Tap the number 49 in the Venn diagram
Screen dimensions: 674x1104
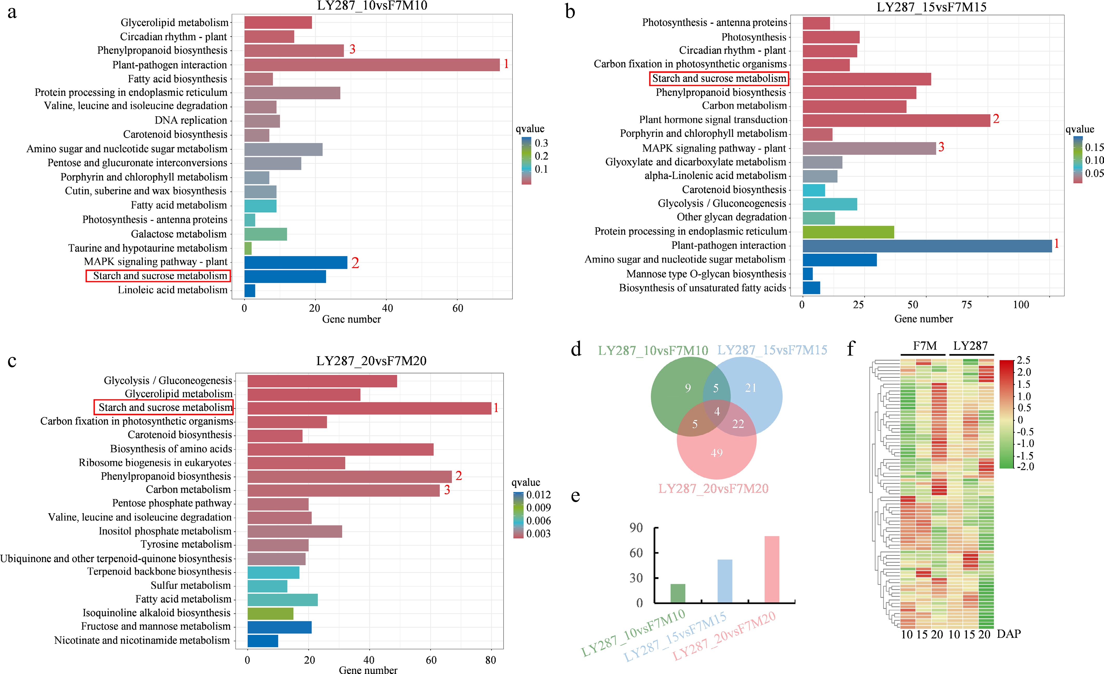[x=716, y=453]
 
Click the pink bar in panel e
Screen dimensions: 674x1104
[x=772, y=569]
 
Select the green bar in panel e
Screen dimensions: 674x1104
[x=678, y=593]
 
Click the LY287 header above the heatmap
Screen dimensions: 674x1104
[x=971, y=346]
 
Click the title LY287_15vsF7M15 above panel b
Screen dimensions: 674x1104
[x=932, y=7]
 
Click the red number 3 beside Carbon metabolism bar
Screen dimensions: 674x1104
[x=447, y=490]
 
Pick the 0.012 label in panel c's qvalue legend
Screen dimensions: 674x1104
[x=538, y=495]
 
